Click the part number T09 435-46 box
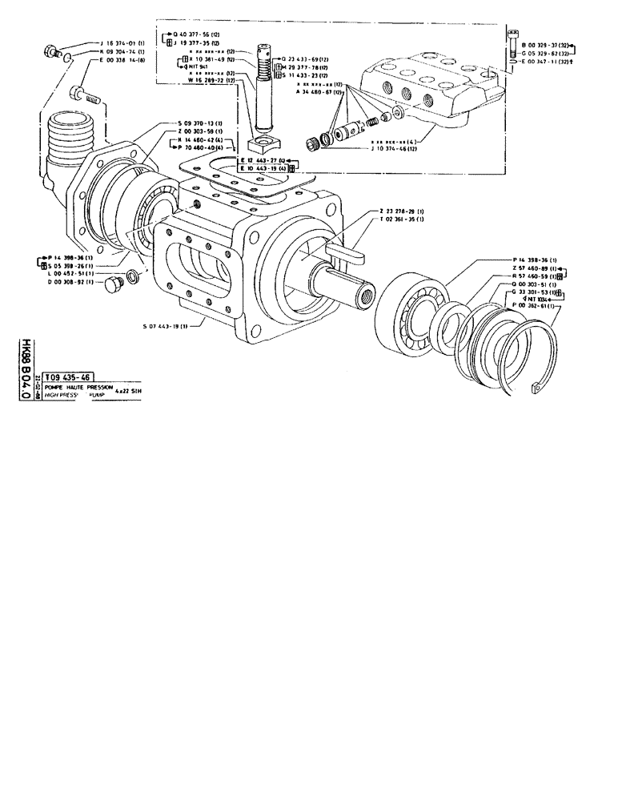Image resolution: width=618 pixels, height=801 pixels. [67, 376]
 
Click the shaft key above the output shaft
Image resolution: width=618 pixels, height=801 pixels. [347, 252]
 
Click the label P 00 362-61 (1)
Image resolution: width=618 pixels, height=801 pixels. [537, 307]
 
